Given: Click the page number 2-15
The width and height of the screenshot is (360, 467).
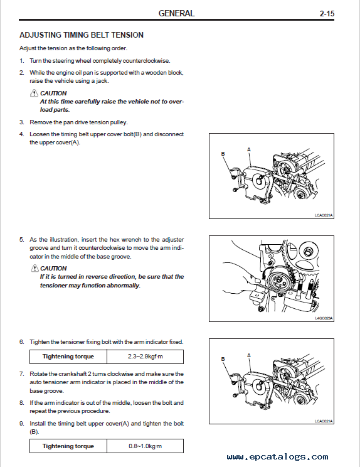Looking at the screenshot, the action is point(327,13).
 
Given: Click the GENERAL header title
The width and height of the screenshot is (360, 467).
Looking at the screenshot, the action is point(176,13).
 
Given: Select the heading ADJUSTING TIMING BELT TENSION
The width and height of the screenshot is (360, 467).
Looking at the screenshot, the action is point(82,35).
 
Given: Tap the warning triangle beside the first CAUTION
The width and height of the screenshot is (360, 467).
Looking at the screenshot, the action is point(34,93).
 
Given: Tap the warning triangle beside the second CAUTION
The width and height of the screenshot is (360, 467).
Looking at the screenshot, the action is point(35,268).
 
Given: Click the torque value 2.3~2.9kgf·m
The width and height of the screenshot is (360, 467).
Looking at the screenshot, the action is point(145,357).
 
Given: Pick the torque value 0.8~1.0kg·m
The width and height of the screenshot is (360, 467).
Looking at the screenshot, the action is point(145,446).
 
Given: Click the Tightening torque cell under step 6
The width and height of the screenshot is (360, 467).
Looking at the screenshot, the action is point(68,357).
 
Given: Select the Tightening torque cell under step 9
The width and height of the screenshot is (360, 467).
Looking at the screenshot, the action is point(68,446).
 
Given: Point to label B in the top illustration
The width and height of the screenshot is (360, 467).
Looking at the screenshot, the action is point(223,154).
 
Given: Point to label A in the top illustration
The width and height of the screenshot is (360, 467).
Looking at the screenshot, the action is point(249,149).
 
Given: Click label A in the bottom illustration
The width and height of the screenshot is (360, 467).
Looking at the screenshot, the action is point(249,355).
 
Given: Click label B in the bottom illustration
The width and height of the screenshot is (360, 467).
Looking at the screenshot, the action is point(223,359).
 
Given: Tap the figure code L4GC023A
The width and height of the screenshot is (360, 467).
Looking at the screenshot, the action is point(324,318).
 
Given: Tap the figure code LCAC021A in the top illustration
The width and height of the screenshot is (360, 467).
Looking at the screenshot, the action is point(324,215).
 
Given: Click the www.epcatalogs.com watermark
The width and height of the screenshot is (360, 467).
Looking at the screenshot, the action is point(277,457).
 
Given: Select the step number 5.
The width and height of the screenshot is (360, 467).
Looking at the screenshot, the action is point(21,240).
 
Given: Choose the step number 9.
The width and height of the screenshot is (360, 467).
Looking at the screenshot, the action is point(21,424).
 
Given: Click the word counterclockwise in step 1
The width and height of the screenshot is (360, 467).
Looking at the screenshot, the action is point(146,61).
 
